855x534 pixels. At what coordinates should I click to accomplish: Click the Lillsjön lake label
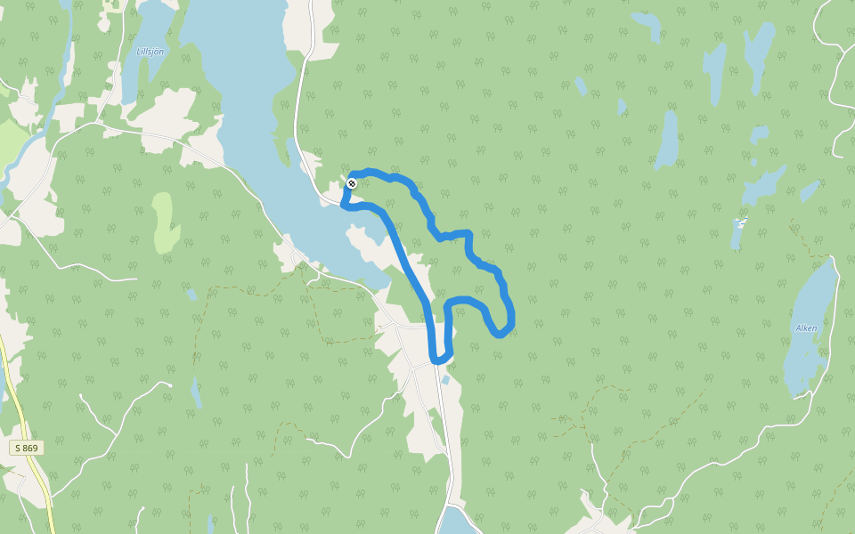click(151, 52)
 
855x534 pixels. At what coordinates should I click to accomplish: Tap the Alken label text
click(806, 328)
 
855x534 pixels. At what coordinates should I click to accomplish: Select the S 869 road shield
click(27, 448)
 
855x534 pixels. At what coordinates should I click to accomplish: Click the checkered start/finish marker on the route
click(352, 183)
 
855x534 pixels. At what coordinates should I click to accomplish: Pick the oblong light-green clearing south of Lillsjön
click(163, 222)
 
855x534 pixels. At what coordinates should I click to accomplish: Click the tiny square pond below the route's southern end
click(445, 380)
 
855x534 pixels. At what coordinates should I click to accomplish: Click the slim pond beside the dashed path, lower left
click(195, 391)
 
